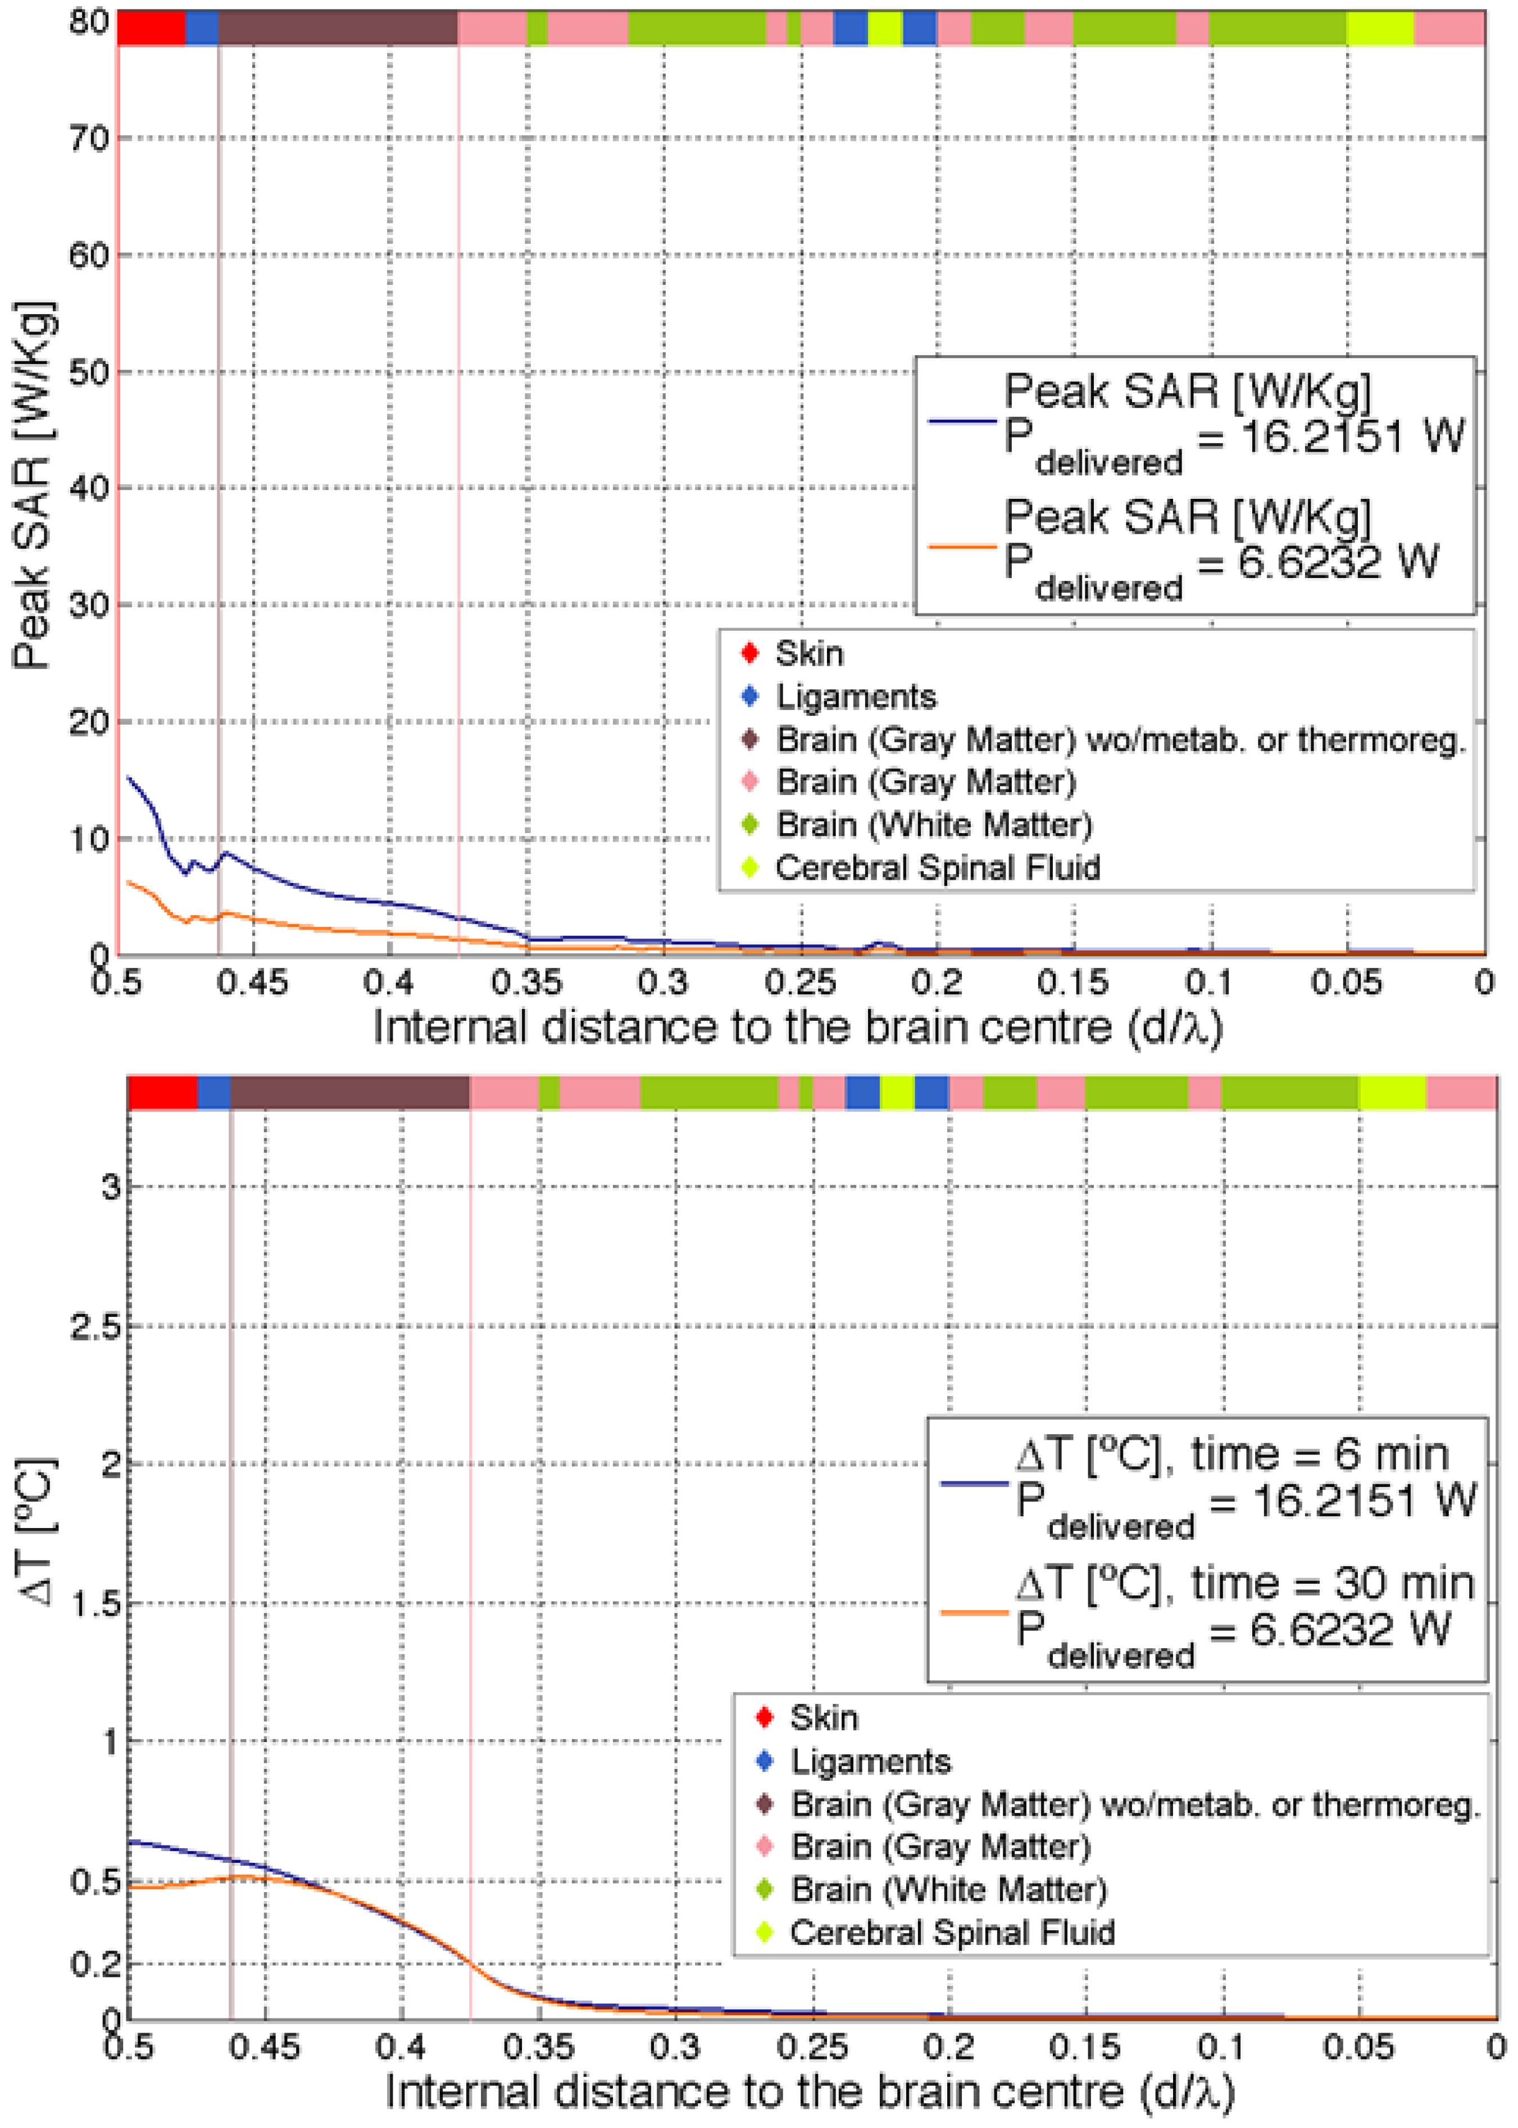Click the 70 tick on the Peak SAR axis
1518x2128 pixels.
pos(90,138)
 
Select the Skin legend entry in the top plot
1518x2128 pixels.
pos(808,653)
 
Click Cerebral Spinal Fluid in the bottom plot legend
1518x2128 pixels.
pos(952,1932)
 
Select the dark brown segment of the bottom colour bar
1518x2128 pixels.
pos(349,1093)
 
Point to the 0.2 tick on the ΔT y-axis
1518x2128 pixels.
pos(96,1963)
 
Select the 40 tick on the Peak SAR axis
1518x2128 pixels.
pos(90,487)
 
